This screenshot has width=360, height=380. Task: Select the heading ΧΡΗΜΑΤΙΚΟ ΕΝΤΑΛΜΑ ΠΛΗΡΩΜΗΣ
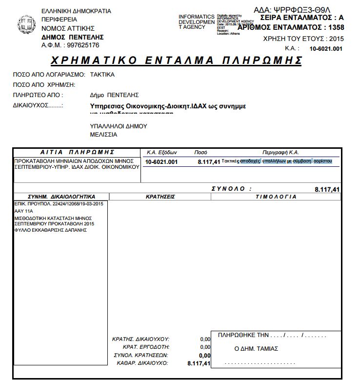tap(176, 60)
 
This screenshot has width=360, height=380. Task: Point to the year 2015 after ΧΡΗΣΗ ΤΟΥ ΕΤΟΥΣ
tap(337, 38)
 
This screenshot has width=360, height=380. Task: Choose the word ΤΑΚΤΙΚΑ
tap(103, 75)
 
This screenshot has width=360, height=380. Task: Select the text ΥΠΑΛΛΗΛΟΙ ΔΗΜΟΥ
tap(119, 126)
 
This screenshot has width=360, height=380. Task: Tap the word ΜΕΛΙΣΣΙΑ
tap(103, 134)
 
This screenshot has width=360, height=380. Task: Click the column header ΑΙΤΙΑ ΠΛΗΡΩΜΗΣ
tap(77, 152)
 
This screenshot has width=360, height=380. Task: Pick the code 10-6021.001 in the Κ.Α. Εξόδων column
tap(162, 161)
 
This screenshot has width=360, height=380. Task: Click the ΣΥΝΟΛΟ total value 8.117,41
tap(327, 189)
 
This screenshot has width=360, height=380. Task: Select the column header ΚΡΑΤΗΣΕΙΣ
tap(160, 197)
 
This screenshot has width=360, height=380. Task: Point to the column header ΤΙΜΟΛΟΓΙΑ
tap(276, 197)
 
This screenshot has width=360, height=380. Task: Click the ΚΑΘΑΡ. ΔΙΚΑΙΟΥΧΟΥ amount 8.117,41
tap(199, 363)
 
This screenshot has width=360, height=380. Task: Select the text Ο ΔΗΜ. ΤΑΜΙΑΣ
tap(257, 349)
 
